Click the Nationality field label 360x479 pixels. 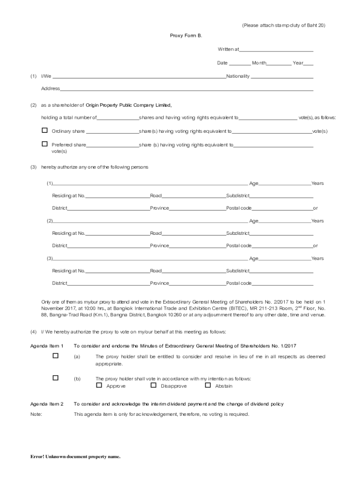coord(238,76)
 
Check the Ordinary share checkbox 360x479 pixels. coord(45,131)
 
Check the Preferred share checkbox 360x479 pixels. coord(45,144)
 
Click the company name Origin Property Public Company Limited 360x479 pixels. coord(129,105)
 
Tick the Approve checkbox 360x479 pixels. coord(99,385)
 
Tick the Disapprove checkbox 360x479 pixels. coord(153,385)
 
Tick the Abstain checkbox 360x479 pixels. coord(208,385)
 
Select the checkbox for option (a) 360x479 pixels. coord(56,356)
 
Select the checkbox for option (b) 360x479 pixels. coord(56,377)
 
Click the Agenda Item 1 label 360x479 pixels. coord(47,346)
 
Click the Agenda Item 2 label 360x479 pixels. coord(47,404)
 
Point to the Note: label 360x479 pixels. coord(36,414)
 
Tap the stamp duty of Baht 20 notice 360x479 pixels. coord(283,25)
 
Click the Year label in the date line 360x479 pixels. coord(298,63)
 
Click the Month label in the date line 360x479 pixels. coord(259,63)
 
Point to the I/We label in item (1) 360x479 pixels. coord(46,76)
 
